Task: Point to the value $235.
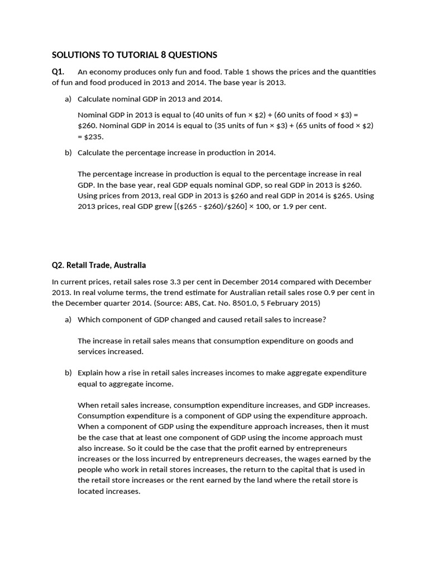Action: click(x=93, y=136)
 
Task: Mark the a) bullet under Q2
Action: click(x=68, y=320)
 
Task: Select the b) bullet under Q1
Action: click(x=68, y=152)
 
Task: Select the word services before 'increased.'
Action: click(x=93, y=351)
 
